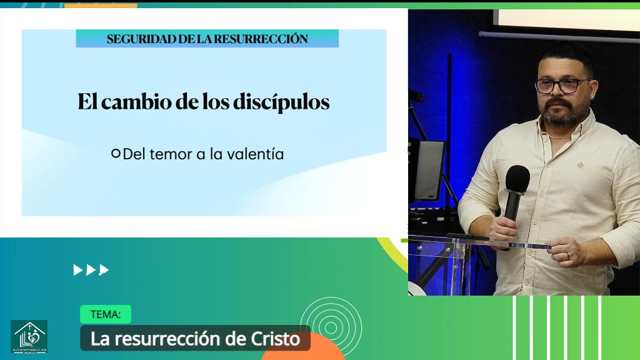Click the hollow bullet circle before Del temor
point(116,153)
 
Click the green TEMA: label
point(105,314)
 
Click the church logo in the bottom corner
point(29,336)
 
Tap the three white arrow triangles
point(91,270)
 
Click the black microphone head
point(517,179)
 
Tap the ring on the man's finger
point(567,256)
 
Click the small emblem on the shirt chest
point(580,166)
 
